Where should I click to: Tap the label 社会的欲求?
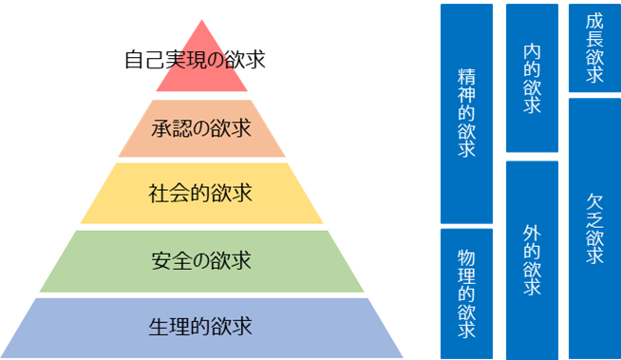click(200, 193)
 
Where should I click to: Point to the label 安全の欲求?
click(200, 259)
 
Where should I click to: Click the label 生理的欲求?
click(200, 327)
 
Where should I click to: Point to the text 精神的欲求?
click(466, 112)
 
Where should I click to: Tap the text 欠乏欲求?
click(594, 229)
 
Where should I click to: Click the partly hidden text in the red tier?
click(200, 60)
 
